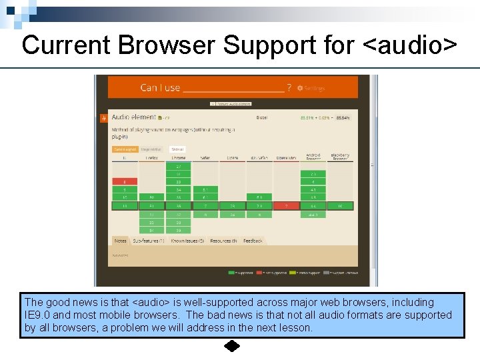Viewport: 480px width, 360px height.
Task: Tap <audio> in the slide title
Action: [x=411, y=45]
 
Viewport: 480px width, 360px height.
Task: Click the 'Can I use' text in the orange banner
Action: [x=160, y=87]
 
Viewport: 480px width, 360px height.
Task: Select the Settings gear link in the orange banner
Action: [x=311, y=88]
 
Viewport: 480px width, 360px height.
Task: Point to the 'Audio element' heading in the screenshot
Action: [x=133, y=117]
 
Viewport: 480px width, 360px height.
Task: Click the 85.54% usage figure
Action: [x=343, y=117]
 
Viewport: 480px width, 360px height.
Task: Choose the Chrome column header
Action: [x=178, y=158]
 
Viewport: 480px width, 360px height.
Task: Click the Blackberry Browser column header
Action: [x=340, y=157]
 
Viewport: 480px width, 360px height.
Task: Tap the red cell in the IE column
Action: [x=125, y=181]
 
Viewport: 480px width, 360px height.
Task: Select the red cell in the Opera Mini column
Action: [x=286, y=206]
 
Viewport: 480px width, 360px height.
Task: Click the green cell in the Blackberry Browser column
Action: [x=340, y=206]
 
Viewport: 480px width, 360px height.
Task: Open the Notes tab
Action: [x=120, y=241]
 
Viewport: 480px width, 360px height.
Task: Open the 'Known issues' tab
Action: [x=187, y=241]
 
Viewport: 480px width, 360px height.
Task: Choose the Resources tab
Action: [x=223, y=241]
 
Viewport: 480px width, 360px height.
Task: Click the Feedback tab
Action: [x=253, y=241]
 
